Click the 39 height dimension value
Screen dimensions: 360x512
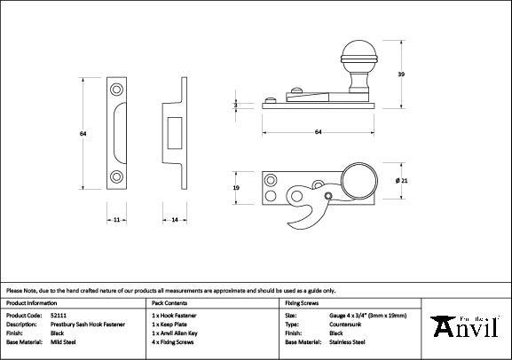(x=402, y=74)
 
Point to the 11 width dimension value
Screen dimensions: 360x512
(x=116, y=218)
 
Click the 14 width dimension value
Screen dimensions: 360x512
(x=174, y=218)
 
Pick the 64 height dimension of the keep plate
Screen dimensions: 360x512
(x=82, y=134)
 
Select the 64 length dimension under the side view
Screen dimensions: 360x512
(x=318, y=133)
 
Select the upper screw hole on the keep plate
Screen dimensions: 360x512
(x=116, y=90)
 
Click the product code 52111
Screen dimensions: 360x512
(x=58, y=315)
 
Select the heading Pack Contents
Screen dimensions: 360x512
(x=169, y=303)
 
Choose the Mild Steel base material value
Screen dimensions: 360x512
(x=63, y=340)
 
